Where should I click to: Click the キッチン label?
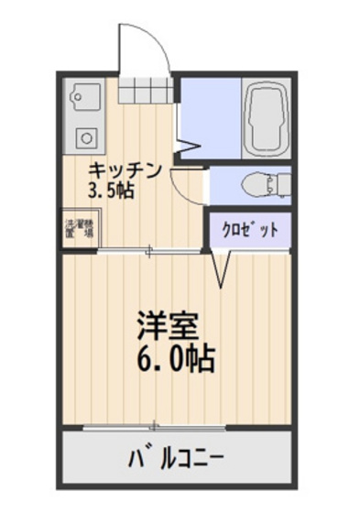pos(125,171)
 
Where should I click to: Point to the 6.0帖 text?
pos(176,357)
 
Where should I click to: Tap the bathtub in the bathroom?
pos(266,120)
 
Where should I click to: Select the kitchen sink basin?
pos(83,94)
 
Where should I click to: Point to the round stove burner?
pos(85,137)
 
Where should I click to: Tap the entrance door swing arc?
pos(144,46)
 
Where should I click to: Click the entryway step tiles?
pos(145,93)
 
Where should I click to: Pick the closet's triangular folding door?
pos(221,269)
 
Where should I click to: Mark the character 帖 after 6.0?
pos(201,357)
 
